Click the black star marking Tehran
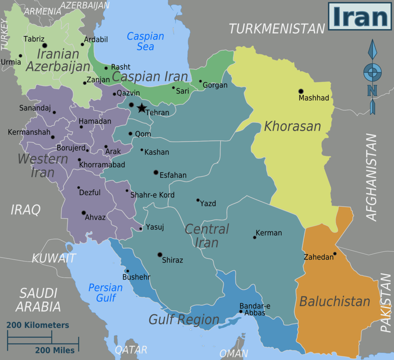pos(142,108)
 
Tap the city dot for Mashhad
pos(301,91)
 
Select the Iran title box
pos(360,16)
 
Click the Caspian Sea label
pos(145,42)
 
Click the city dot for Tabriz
pos(44,45)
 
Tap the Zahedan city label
pos(318,257)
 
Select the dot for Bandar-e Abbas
pos(241,311)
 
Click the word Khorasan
pos(292,126)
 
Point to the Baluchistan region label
pos(335,301)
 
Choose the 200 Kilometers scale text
pos(38,325)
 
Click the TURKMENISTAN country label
pos(277,28)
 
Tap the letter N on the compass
pos(372,90)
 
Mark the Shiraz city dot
pos(160,255)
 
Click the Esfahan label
pos(173,176)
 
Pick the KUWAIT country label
pos(54,258)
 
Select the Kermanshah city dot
pos(53,137)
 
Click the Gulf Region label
pos(184,320)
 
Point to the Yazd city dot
pos(198,200)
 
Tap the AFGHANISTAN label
pos(371,177)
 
